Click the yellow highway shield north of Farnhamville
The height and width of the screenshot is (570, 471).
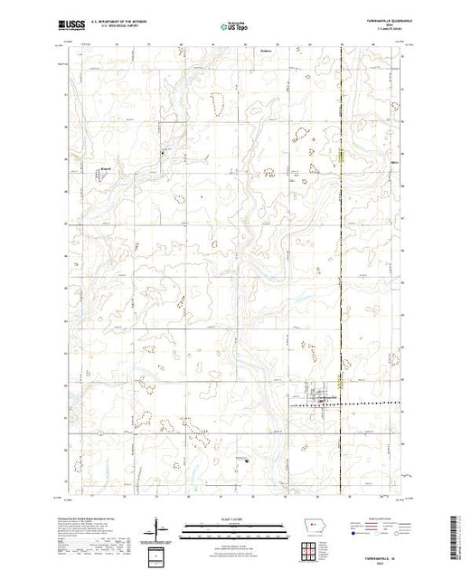tap(341, 156)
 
